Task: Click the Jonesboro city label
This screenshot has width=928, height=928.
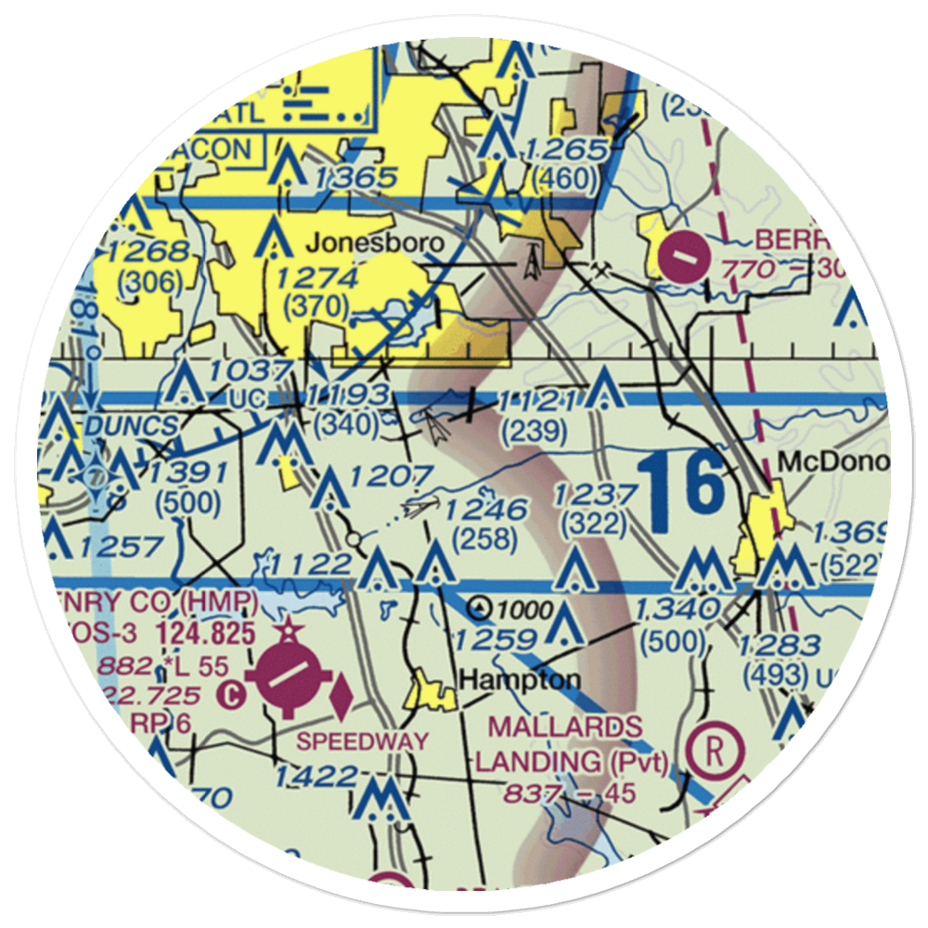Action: point(375,243)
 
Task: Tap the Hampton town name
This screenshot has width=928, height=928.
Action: point(521,679)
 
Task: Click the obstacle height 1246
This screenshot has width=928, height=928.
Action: point(484,509)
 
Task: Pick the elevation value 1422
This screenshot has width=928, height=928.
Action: point(316,776)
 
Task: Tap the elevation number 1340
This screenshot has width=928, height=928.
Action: point(678,609)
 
